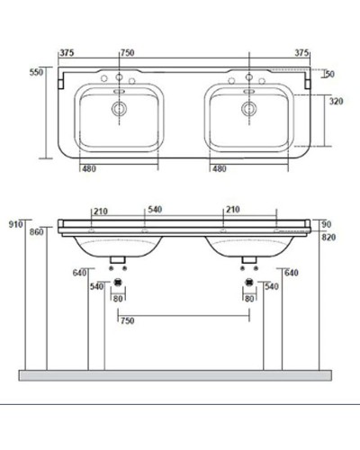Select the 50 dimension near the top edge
[x=329, y=74]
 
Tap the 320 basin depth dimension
[x=335, y=102]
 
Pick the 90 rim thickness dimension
[x=326, y=223]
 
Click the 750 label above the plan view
[x=129, y=52]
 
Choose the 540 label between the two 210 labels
[x=154, y=211]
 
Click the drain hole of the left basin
[x=117, y=108]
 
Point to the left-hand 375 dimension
[x=66, y=52]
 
